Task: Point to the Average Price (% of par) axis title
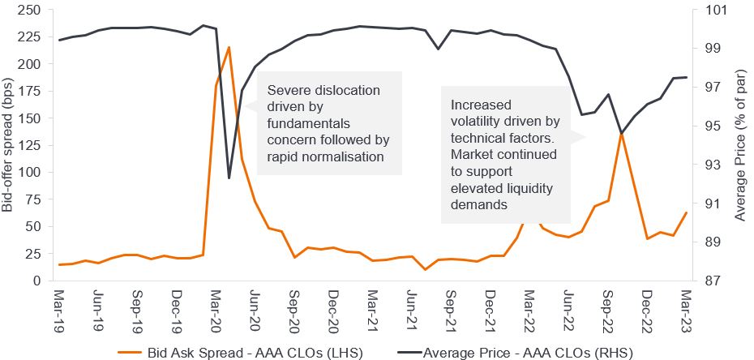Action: click(741, 145)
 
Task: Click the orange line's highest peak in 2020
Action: click(229, 47)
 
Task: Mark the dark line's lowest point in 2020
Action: click(229, 178)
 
